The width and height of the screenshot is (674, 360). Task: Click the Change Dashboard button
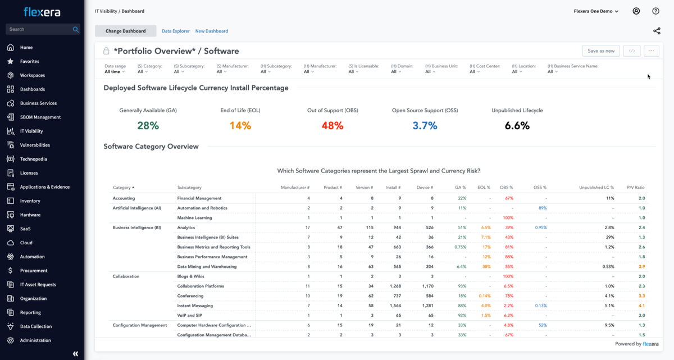125,31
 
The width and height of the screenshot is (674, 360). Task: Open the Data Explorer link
176,31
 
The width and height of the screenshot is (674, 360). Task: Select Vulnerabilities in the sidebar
35,145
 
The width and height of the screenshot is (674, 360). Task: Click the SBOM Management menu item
40,117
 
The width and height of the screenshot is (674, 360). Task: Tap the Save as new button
600,51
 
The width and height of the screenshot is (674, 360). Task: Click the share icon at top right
657,31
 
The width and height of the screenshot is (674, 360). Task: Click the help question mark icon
655,11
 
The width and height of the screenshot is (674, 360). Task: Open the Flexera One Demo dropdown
596,11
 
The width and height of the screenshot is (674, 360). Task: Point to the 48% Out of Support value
332,126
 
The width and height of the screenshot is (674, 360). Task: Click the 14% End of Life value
240,126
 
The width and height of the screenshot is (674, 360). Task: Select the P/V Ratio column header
635,188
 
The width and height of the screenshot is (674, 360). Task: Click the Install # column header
393,188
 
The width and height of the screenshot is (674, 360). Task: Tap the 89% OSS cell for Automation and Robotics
542,208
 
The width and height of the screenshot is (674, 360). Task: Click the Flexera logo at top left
42,12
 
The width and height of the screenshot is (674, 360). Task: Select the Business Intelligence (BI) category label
136,227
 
